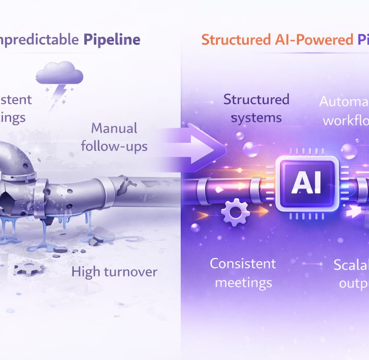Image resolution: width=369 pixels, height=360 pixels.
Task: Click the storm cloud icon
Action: click(x=59, y=74)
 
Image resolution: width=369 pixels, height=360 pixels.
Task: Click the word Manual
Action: click(x=114, y=128)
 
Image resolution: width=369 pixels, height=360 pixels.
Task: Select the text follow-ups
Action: click(x=114, y=145)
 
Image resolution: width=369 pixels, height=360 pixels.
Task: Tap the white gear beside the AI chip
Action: click(x=235, y=212)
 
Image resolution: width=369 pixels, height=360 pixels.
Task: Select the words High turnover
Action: click(x=114, y=272)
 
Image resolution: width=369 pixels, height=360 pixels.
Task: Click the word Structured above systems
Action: click(x=256, y=99)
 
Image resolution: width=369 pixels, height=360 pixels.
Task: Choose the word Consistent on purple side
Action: click(x=243, y=263)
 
